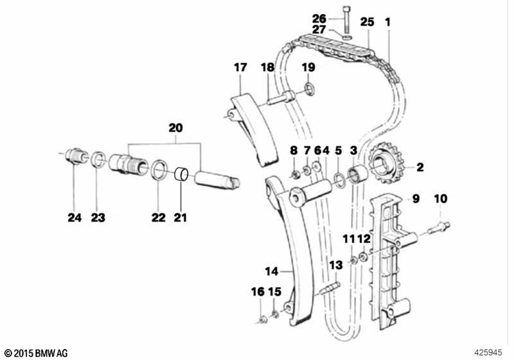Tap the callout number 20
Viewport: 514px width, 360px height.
(x=175, y=127)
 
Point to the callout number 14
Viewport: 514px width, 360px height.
(x=271, y=271)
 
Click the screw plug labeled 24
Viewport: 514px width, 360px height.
(x=76, y=156)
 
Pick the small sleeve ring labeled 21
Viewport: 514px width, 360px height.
(x=181, y=174)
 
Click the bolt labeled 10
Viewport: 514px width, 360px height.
(x=439, y=228)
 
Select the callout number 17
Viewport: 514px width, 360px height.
(x=240, y=67)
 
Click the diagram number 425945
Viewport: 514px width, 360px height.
(x=488, y=352)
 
